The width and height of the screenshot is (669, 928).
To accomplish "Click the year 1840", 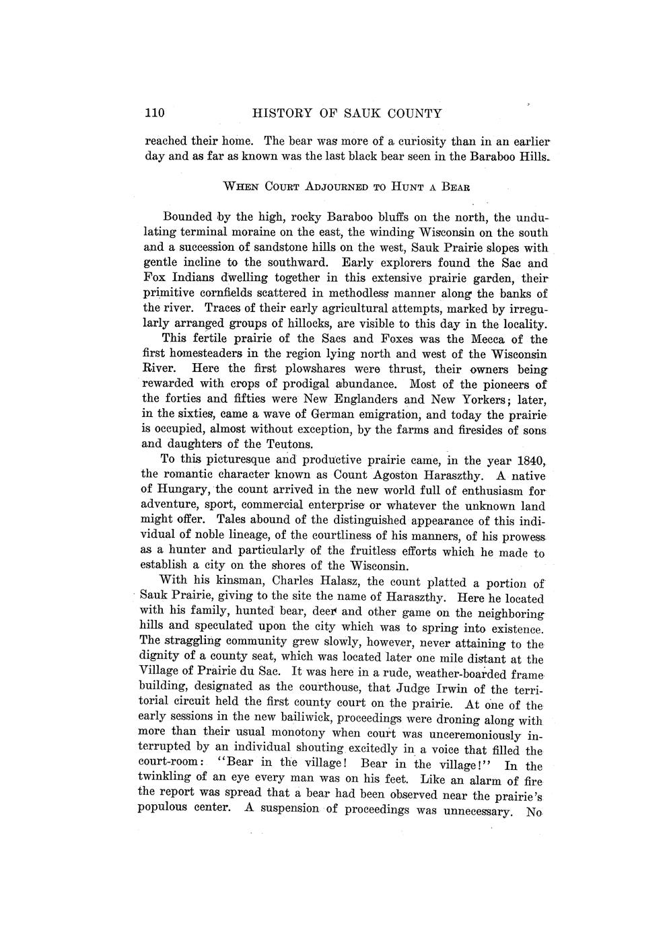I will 528,461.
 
